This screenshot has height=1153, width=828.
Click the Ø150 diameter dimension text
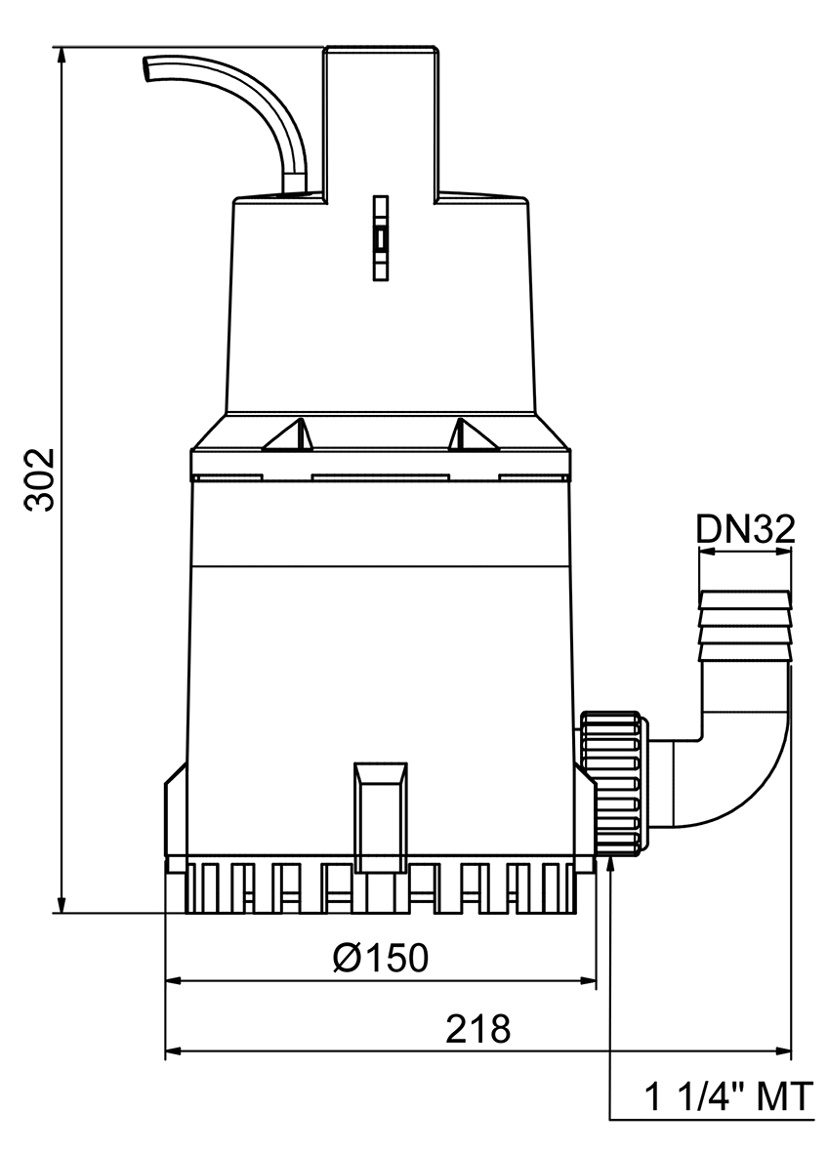(x=380, y=958)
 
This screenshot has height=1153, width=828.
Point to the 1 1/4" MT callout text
(x=728, y=1098)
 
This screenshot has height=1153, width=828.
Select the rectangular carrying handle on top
(x=380, y=117)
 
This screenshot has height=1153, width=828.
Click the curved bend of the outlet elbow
(x=752, y=771)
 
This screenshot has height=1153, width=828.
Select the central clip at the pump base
(x=381, y=816)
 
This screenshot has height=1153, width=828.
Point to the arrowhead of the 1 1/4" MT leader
(x=610, y=865)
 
